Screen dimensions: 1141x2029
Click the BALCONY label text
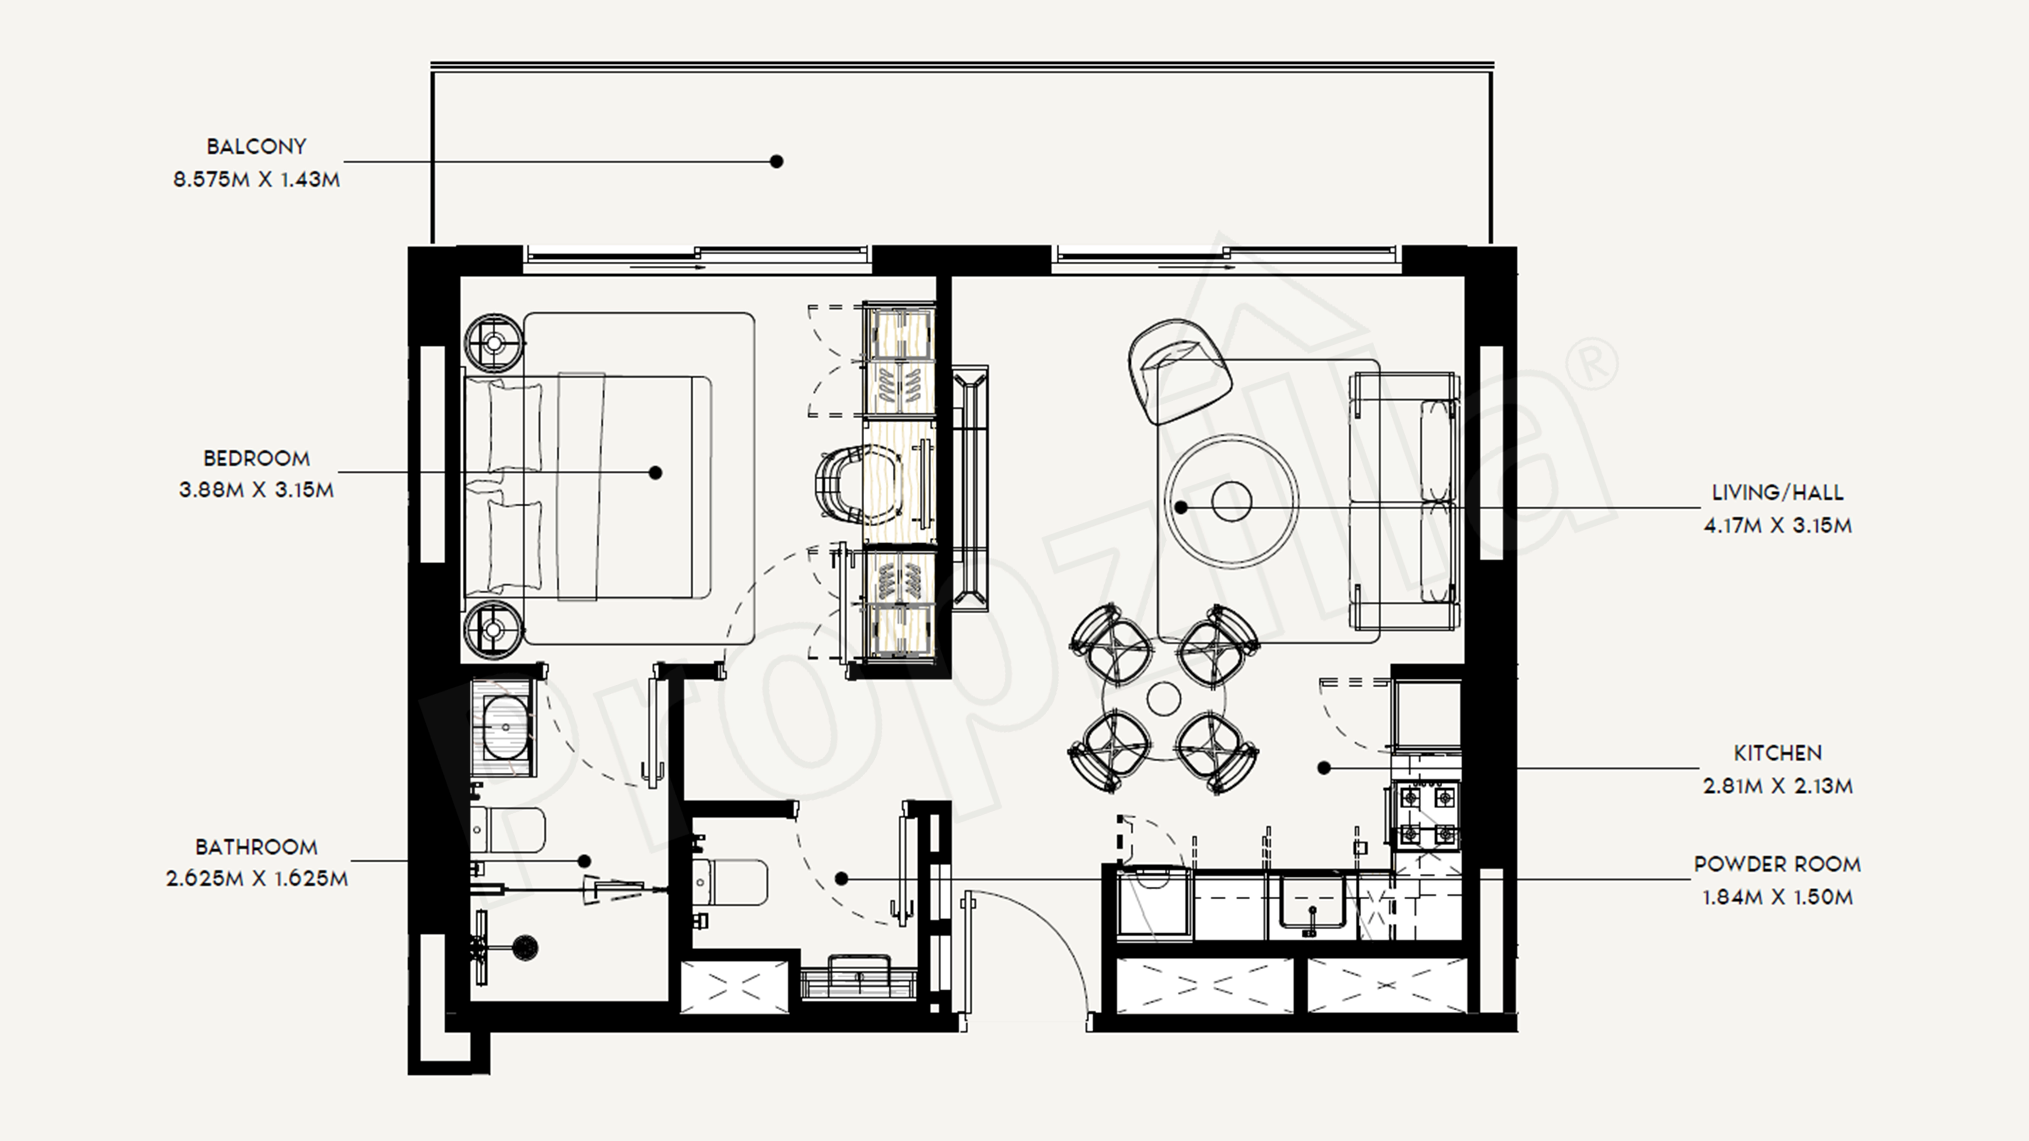pos(256,147)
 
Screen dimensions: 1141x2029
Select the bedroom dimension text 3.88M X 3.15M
pos(256,490)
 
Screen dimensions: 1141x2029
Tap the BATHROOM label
pos(256,847)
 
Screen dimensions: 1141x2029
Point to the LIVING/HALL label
pos(1777,493)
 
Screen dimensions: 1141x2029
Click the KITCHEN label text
pos(1777,753)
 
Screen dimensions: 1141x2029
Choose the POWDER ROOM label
pos(1777,864)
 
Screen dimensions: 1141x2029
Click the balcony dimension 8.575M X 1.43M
pos(256,180)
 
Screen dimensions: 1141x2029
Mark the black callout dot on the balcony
pos(776,162)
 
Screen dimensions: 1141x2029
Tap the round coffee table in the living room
pos(1231,502)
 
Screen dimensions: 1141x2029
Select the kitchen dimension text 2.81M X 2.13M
pos(1777,786)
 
